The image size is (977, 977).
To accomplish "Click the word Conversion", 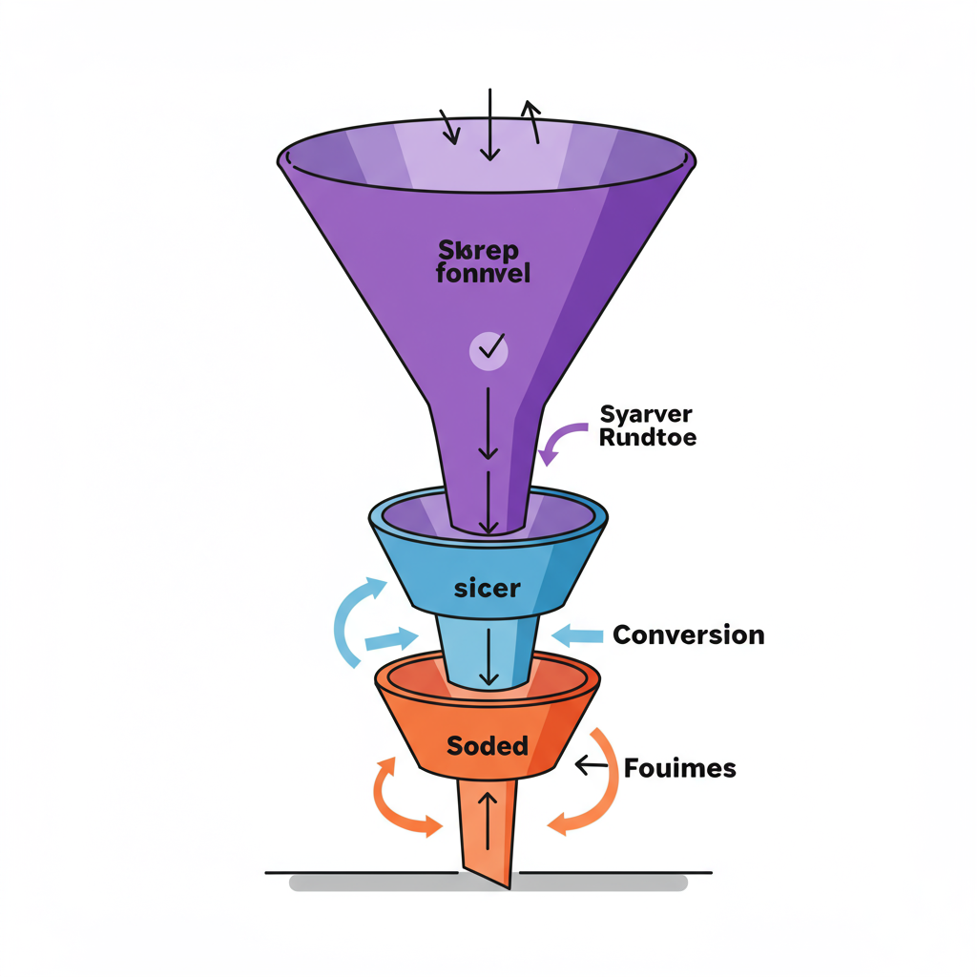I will [688, 634].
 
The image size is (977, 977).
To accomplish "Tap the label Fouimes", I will [679, 767].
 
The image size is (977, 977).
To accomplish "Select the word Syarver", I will [646, 414].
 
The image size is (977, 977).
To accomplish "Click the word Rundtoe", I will [648, 438].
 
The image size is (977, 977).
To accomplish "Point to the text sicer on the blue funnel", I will [487, 588].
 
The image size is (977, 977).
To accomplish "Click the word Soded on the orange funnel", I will [487, 745].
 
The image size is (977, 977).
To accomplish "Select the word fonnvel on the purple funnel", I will [482, 274].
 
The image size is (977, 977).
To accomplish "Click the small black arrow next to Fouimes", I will [592, 765].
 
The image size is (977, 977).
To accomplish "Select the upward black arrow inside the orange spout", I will [488, 819].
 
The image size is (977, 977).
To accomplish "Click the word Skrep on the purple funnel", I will [478, 250].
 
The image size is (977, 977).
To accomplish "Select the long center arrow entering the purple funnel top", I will [488, 124].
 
